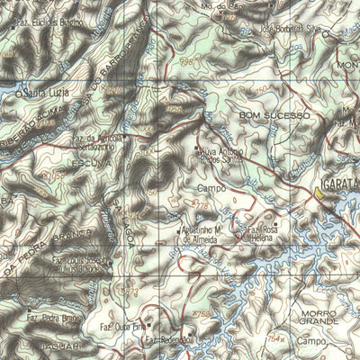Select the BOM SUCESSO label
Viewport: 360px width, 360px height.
[x=274, y=116]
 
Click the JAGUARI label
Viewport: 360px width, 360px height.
[x=61, y=345]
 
